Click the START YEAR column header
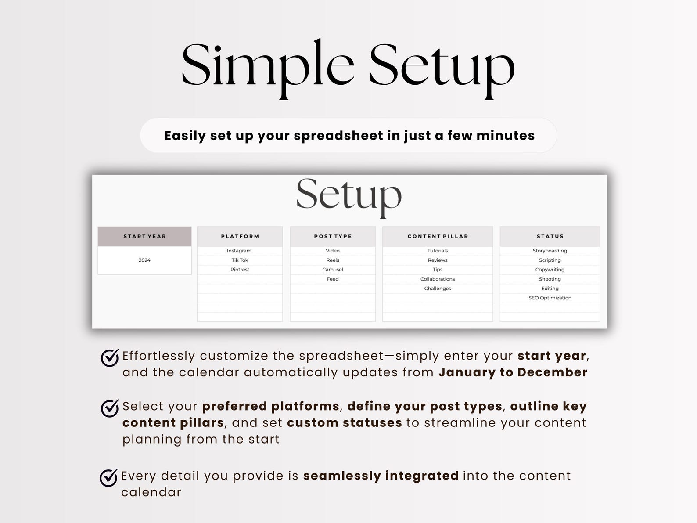pyautogui.click(x=144, y=236)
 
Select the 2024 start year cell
pyautogui.click(x=144, y=260)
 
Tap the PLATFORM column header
pyautogui.click(x=240, y=236)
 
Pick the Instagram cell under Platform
pyautogui.click(x=239, y=251)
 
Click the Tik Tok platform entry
pyautogui.click(x=240, y=260)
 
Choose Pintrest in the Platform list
pyautogui.click(x=240, y=270)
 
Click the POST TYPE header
pyautogui.click(x=333, y=236)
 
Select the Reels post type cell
pyautogui.click(x=333, y=260)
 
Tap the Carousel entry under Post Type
pyautogui.click(x=333, y=270)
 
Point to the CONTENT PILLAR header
pyautogui.click(x=438, y=236)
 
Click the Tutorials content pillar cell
pyautogui.click(x=438, y=251)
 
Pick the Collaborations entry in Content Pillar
pyautogui.click(x=438, y=279)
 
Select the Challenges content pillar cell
pyautogui.click(x=438, y=289)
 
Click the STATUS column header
pyautogui.click(x=550, y=236)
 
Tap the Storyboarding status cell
pyautogui.click(x=550, y=251)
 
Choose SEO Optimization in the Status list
pyautogui.click(x=550, y=298)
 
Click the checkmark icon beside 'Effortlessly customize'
pyautogui.click(x=110, y=358)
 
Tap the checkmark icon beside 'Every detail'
pyautogui.click(x=108, y=478)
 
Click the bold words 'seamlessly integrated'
pyautogui.click(x=381, y=476)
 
